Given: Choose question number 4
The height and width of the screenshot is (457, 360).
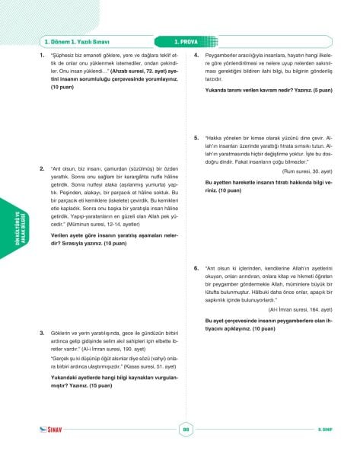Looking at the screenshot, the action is (196, 56).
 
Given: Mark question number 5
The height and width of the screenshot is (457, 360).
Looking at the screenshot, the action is (196, 137).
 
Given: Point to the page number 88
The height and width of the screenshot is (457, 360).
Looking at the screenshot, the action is (185, 429).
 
